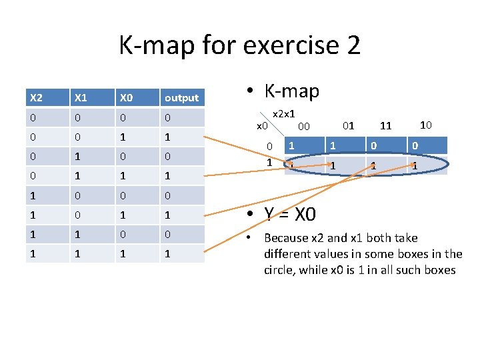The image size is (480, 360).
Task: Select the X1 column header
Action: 81,98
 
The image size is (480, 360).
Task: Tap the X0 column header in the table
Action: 127,98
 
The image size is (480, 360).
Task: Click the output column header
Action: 181,98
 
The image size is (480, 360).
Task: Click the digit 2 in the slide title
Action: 353,45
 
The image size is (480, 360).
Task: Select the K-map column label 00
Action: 303,126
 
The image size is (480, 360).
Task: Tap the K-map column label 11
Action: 385,125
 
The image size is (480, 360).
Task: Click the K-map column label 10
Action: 426,124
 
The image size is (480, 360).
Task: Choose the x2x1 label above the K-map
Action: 285,114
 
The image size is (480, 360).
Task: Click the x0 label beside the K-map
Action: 262,125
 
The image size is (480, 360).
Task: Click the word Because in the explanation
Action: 286,238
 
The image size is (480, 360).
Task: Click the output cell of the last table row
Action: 182,253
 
